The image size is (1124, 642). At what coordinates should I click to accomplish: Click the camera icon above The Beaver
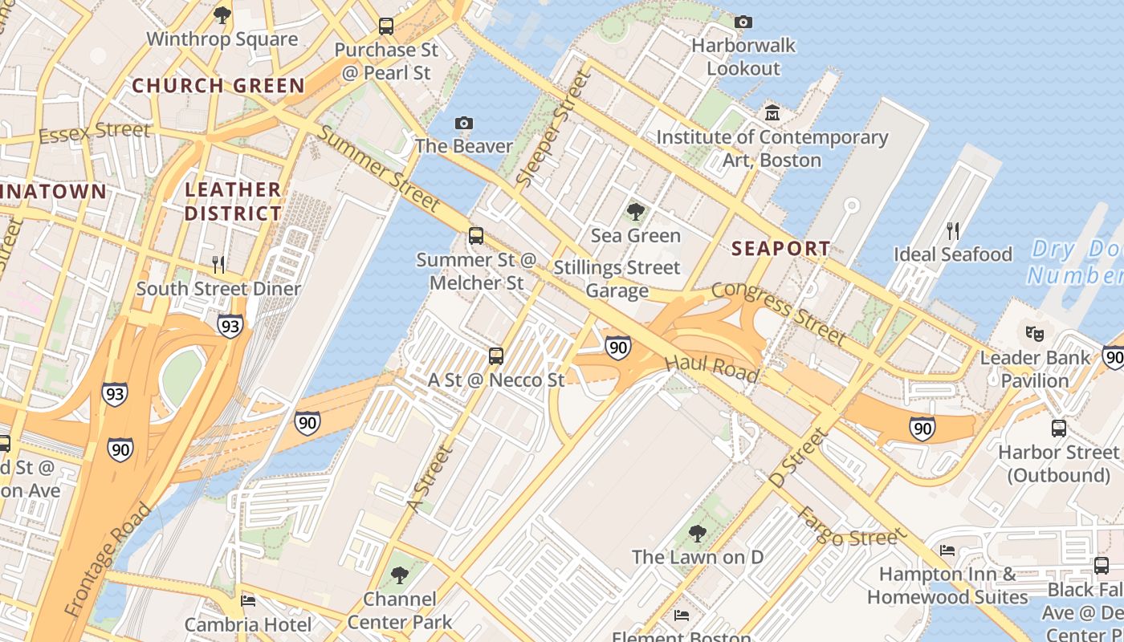463,123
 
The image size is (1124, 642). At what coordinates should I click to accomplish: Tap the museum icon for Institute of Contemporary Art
772,112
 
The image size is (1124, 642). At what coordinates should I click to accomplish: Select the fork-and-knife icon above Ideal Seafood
953,231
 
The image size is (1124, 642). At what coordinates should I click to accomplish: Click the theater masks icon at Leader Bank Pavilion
1034,332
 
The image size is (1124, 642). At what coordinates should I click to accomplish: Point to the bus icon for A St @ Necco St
496,356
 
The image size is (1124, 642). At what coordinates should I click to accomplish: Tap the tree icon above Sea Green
635,212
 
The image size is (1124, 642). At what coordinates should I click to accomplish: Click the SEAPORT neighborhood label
780,249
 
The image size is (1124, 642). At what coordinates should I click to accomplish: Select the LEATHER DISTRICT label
234,201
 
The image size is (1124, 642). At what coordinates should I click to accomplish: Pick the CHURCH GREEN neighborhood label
218,86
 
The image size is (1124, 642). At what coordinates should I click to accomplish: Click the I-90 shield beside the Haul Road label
617,347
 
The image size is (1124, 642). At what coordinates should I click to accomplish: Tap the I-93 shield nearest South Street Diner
230,326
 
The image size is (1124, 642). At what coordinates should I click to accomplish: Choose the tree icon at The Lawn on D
697,533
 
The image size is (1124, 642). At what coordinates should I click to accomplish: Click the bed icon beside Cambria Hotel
249,600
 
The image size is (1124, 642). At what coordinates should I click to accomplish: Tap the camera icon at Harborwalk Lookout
743,22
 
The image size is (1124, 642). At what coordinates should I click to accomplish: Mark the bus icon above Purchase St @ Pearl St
386,26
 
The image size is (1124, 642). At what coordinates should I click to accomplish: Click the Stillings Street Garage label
617,278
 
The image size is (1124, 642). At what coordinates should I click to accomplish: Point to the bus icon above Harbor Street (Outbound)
1058,428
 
